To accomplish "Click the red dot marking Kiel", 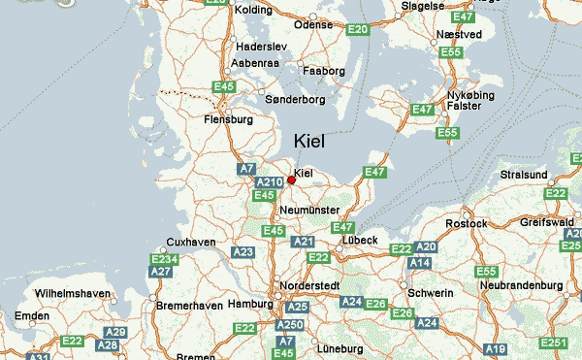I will (291, 180).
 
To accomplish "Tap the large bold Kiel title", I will (315, 141).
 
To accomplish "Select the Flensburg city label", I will (229, 120).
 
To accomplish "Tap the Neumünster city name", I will (307, 210).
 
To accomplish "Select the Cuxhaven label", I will (190, 242).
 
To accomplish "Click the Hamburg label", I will (249, 304).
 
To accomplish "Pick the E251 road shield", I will (554, 344).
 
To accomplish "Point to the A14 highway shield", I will (419, 263).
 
